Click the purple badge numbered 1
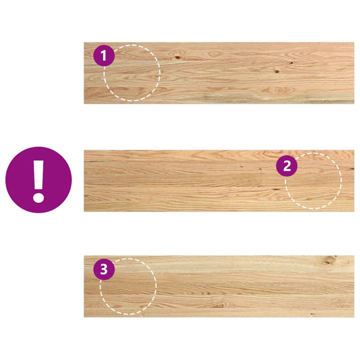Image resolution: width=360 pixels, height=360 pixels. click(x=104, y=56)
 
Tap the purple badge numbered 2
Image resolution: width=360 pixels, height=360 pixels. click(x=287, y=166)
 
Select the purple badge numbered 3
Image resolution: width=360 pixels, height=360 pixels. click(x=104, y=270)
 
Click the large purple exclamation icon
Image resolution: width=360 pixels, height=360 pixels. click(x=39, y=180)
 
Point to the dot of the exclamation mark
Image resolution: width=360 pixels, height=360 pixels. click(x=39, y=196)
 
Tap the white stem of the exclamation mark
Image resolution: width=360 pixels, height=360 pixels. click(x=39, y=175)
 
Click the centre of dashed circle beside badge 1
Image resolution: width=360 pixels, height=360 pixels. click(x=132, y=72)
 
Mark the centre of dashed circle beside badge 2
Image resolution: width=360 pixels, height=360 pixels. click(x=313, y=180)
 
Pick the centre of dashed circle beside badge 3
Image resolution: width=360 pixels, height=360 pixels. click(x=128, y=286)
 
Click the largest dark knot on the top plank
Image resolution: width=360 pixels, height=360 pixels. click(x=178, y=57)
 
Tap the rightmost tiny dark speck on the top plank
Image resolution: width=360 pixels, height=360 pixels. click(x=291, y=63)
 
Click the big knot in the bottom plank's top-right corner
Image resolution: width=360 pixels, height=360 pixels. click(x=331, y=260)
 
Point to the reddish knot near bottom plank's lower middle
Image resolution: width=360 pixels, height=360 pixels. click(x=220, y=306)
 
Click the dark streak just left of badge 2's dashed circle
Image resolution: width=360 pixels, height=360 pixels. click(x=276, y=189)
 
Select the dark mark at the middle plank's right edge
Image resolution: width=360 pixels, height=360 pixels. click(x=352, y=169)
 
